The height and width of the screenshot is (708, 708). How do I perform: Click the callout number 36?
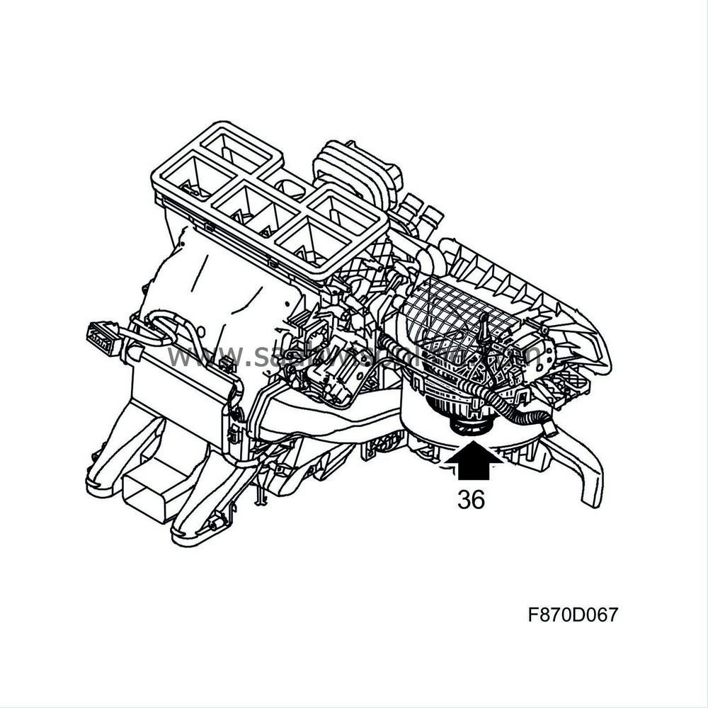(471, 500)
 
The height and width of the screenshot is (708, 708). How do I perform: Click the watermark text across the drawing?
(354, 354)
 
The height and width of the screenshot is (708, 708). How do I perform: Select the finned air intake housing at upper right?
(524, 283)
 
